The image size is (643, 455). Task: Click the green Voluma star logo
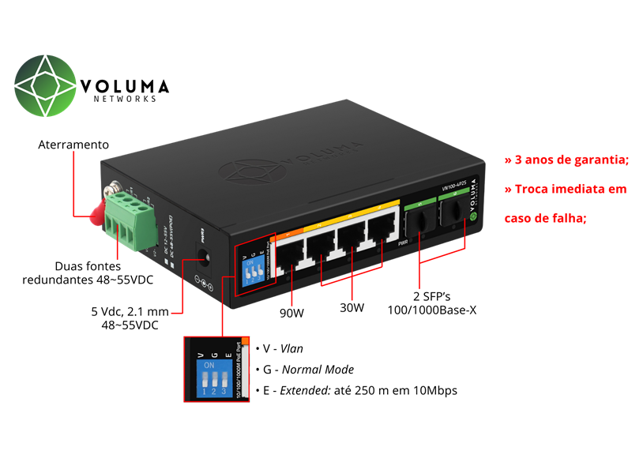pos(47,85)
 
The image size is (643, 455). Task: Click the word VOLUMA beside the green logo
pos(125,85)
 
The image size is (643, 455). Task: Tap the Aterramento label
pos(73,145)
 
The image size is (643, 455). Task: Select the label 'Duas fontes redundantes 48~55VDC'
pos(88,273)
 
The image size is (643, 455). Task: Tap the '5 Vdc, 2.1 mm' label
pos(130,311)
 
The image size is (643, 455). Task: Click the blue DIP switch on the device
pos(254,272)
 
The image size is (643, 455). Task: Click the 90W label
pos(291,313)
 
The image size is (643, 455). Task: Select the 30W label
pos(352,307)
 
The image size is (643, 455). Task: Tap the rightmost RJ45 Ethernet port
pos(384,228)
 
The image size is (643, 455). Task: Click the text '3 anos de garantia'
pos(566,160)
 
